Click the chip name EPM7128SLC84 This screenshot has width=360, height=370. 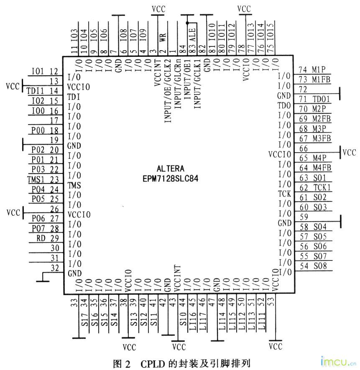(170, 179)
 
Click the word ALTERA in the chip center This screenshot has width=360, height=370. (171, 168)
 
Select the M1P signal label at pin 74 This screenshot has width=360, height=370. (319, 70)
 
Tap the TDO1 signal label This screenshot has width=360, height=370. (321, 99)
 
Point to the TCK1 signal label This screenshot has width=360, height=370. (322, 187)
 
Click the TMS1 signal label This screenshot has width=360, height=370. (36, 180)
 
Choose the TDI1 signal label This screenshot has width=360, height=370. (35, 91)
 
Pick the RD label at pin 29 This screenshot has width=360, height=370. (41, 238)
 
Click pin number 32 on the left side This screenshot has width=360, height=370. (55, 268)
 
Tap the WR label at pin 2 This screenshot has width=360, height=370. (163, 37)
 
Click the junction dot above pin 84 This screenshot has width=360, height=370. (187, 23)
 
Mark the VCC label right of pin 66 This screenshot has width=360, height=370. (349, 153)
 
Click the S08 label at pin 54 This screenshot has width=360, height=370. (320, 266)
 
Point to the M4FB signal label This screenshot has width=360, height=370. (322, 168)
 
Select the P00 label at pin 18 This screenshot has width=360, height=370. (38, 130)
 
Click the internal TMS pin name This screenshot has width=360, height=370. (74, 185)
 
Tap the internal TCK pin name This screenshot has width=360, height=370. (284, 194)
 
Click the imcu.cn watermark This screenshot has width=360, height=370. (338, 361)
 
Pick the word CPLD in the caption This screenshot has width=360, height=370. (153, 364)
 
